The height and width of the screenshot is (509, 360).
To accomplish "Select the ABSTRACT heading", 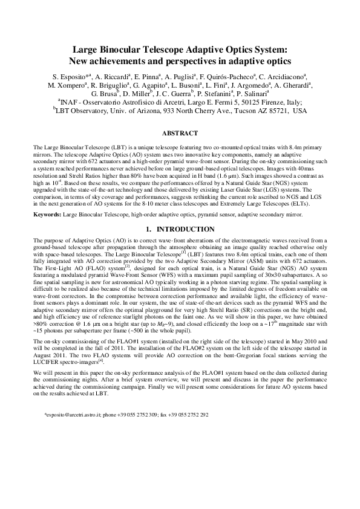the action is (x=180, y=133).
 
